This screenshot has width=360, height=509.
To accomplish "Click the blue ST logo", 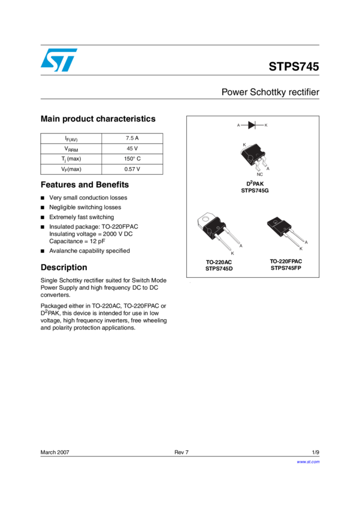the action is [x=59, y=60].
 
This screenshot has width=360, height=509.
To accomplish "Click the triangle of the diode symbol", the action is [x=252, y=125].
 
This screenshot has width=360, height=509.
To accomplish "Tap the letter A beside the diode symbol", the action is [x=238, y=125].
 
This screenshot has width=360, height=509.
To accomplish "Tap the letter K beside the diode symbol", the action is [x=266, y=125].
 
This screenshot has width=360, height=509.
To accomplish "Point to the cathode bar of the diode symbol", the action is [x=256, y=125].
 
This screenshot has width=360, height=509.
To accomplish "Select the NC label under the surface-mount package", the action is [x=259, y=174].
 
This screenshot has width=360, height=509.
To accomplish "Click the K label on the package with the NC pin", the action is [x=244, y=145].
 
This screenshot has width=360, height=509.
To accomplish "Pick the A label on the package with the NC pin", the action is [x=267, y=168].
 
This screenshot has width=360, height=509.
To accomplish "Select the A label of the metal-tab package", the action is [x=241, y=246].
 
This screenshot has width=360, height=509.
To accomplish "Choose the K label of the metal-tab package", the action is [x=232, y=254].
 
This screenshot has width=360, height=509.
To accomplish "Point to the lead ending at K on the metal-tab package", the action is [x=225, y=246].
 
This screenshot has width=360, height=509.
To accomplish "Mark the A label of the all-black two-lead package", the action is [x=306, y=242].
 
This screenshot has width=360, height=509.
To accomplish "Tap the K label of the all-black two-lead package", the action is [x=301, y=248].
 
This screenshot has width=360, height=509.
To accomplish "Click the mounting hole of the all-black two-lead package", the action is [x=276, y=222].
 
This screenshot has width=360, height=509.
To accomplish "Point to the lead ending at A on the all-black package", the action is [x=298, y=237].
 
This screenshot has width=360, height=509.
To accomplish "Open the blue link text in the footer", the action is [x=308, y=462].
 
